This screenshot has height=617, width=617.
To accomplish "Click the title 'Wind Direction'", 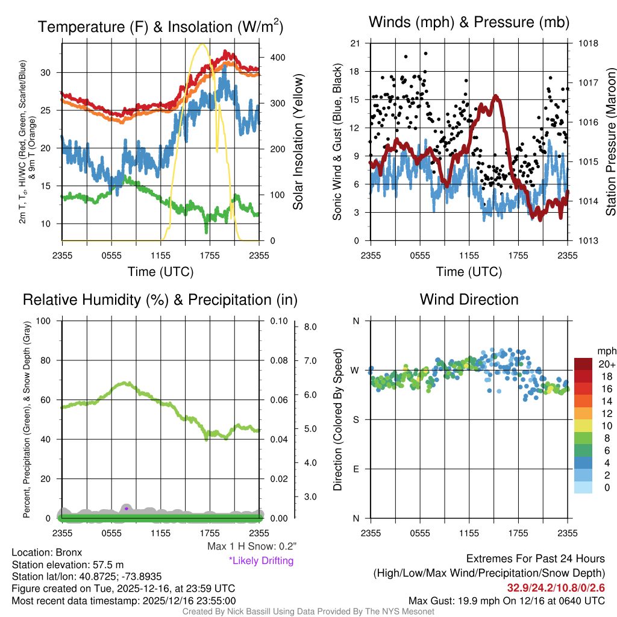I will click(x=469, y=299).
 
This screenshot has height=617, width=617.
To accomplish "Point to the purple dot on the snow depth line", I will click(x=127, y=509).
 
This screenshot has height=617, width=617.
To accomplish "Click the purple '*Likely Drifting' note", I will click(x=261, y=560).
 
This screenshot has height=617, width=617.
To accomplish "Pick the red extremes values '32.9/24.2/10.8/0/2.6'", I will click(x=555, y=587).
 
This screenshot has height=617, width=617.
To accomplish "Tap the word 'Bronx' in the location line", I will click(x=69, y=552).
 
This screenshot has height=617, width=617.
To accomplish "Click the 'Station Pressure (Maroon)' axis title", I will click(x=610, y=142).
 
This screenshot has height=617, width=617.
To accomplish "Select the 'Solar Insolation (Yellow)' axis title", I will click(x=298, y=142).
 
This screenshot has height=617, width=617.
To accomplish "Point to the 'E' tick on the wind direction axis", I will click(x=355, y=469).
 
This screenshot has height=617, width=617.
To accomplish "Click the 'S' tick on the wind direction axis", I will click(x=355, y=419).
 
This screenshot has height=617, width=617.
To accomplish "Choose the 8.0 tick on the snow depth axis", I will click(x=310, y=327).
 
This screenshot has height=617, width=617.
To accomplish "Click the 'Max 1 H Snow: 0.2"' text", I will click(x=251, y=547).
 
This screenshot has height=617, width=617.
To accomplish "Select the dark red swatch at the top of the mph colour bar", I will click(x=584, y=364).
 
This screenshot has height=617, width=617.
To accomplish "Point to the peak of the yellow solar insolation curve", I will click(x=202, y=44).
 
